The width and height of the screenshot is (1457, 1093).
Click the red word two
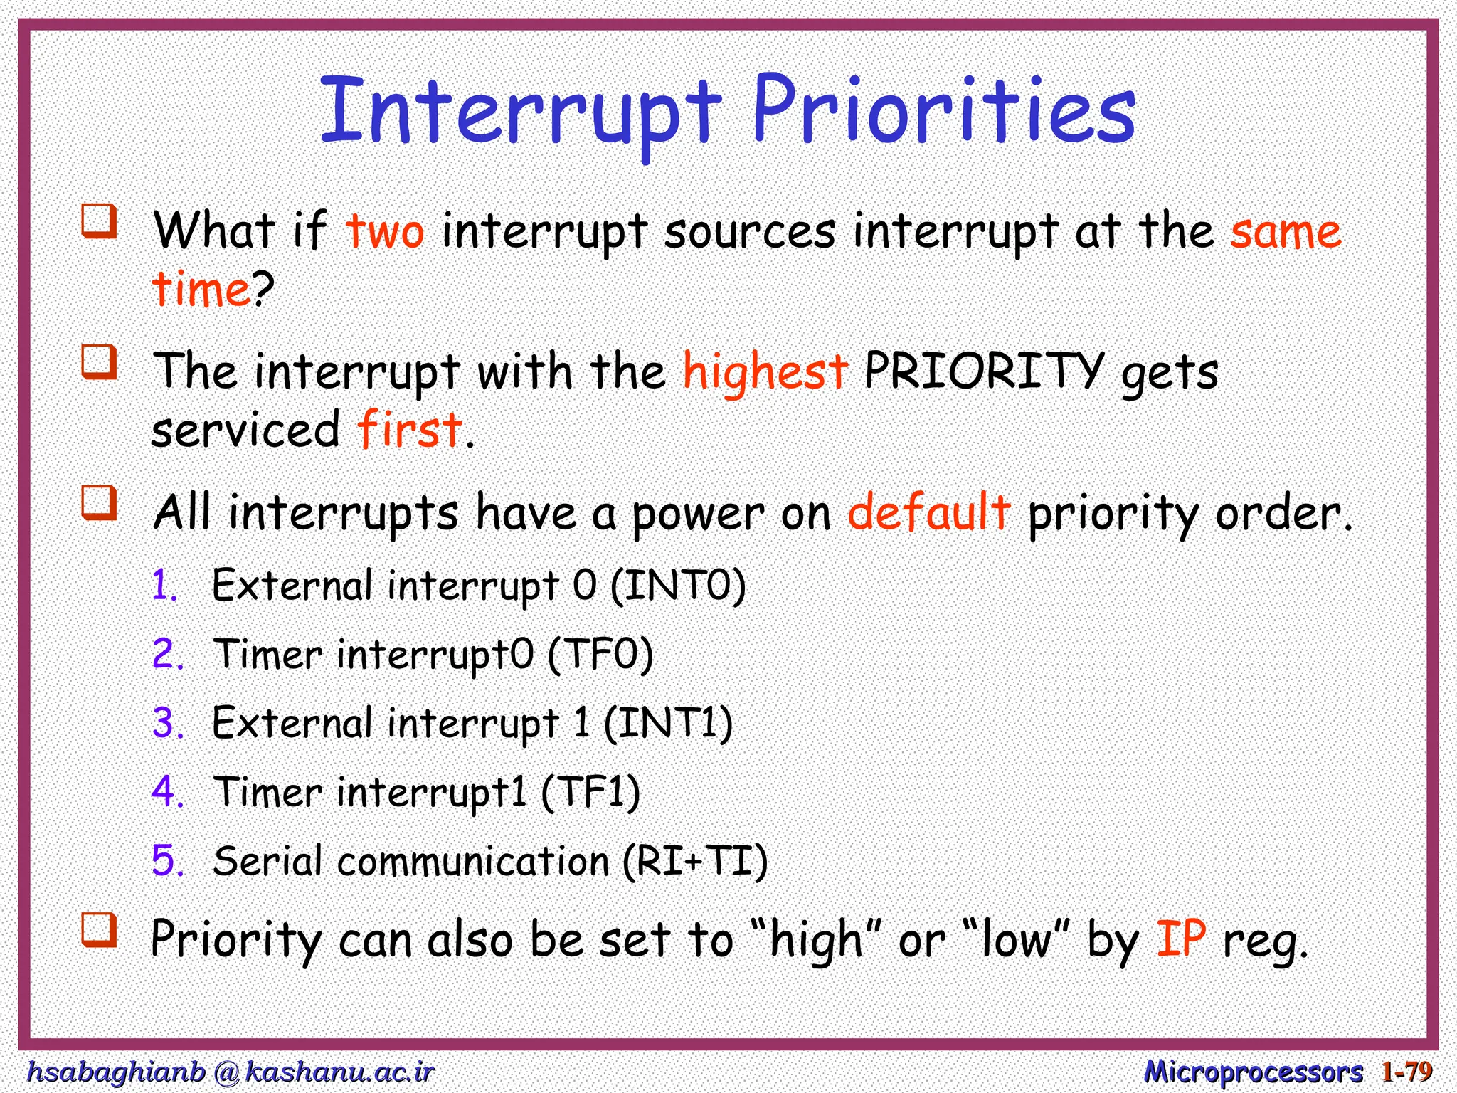pos(385,232)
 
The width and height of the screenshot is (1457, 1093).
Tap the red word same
pos(1286,232)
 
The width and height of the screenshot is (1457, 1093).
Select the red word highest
pos(765,372)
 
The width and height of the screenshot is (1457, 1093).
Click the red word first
pos(410,429)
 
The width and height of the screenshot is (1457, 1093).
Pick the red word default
pos(928,512)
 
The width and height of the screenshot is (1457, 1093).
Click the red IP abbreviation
pos(1181,939)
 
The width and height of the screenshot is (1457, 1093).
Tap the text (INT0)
pos(678,586)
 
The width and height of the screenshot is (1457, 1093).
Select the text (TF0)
pos(600,655)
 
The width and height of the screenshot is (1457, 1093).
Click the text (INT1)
pos(668,724)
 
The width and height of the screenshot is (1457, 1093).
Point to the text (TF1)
pos(590,792)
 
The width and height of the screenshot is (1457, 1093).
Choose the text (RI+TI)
pos(695,861)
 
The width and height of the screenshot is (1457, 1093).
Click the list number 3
pos(166,723)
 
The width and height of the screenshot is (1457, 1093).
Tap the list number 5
pos(166,860)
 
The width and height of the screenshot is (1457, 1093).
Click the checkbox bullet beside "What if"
pos(98,221)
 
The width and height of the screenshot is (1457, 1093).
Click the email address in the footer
pos(230,1071)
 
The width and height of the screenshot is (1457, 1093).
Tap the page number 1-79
pos(1406,1071)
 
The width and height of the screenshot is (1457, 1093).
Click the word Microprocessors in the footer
pos(1253,1071)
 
